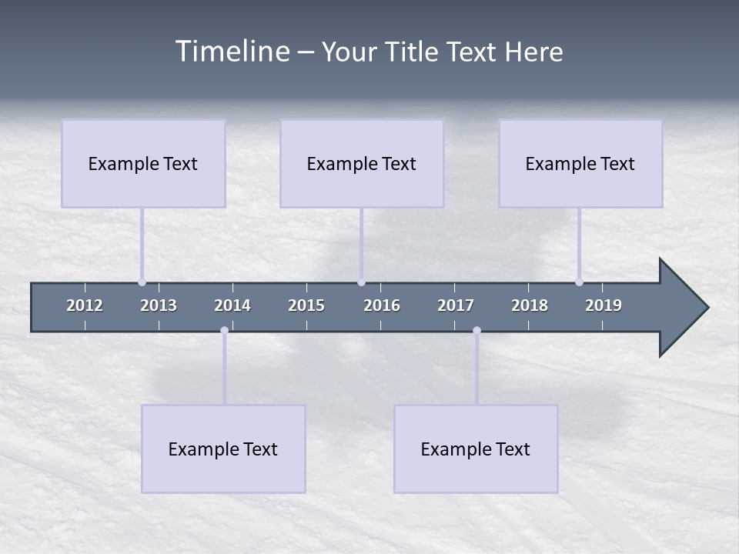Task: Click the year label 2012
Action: [x=85, y=305]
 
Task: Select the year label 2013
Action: [x=159, y=305]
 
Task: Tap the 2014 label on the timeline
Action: [x=232, y=305]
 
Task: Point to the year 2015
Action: [x=306, y=305]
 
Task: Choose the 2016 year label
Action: [x=382, y=305]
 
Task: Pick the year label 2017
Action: [x=456, y=305]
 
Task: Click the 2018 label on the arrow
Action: [x=530, y=305]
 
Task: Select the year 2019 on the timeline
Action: [x=604, y=305]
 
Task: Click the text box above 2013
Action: [x=143, y=163]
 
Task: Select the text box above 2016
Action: [x=362, y=163]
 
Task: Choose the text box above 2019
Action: [x=580, y=163]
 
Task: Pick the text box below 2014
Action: [x=223, y=449]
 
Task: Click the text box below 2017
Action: [x=476, y=449]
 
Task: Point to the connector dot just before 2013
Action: [x=142, y=282]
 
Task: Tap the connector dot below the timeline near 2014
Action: [x=224, y=331]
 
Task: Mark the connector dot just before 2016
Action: [x=361, y=282]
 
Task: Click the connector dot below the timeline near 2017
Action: [x=477, y=331]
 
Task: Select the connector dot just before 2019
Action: [x=579, y=282]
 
